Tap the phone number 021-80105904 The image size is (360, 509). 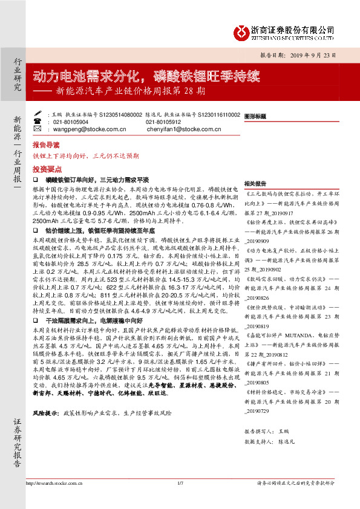tap(71, 122)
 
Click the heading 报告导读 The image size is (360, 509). tap(47, 146)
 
